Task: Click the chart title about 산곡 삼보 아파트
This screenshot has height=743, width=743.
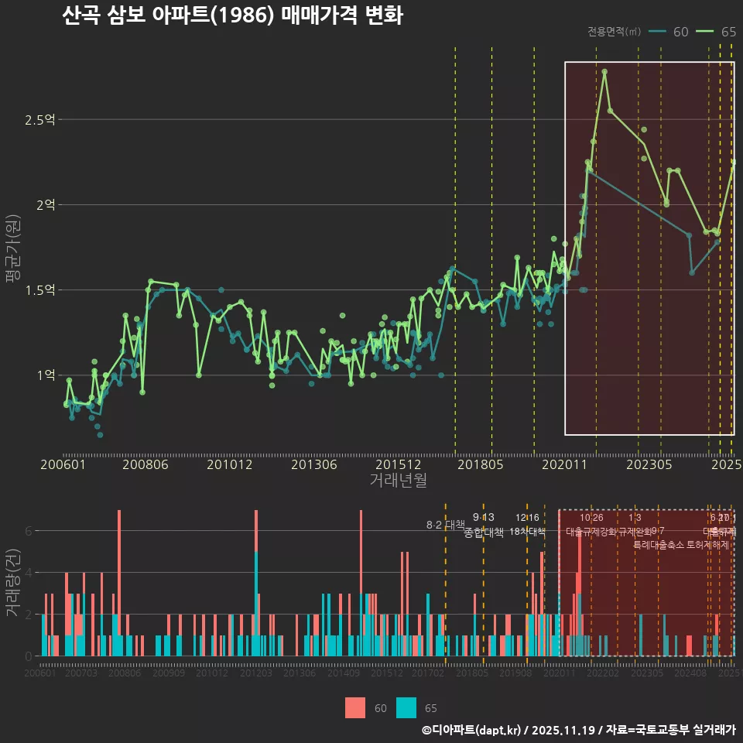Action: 232,15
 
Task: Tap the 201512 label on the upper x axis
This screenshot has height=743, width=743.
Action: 398,464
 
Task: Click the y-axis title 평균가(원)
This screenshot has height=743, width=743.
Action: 12,248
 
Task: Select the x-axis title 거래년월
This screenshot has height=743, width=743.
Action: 398,481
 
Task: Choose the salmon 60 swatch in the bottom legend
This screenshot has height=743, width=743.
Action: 355,707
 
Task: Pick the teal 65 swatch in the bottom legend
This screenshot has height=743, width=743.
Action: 406,707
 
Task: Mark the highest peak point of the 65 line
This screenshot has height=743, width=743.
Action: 604,72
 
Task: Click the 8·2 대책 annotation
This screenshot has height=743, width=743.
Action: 445,525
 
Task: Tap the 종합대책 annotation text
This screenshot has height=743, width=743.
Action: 484,532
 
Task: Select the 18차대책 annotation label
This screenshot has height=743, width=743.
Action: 528,532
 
